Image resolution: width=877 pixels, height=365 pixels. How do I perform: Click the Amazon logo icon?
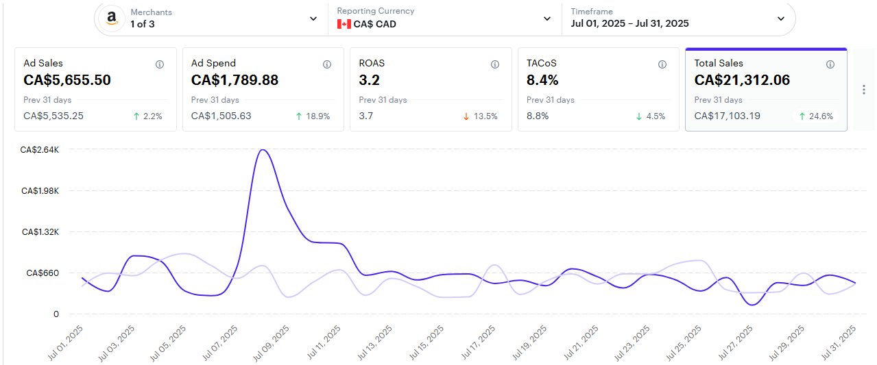[x=111, y=18]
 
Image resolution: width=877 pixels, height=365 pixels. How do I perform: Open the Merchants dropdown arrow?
[x=313, y=18]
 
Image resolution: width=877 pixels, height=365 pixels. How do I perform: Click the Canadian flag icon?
[x=344, y=24]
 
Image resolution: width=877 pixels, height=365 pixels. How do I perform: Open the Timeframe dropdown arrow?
[x=780, y=18]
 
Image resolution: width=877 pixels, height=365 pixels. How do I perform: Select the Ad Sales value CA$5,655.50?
[x=67, y=80]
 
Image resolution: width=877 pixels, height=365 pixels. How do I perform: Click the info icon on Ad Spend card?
[x=327, y=64]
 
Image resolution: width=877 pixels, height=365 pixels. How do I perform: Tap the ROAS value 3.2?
[x=369, y=80]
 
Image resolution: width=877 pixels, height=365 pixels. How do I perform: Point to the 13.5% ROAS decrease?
[x=480, y=116]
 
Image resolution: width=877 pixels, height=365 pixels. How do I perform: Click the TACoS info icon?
[x=662, y=64]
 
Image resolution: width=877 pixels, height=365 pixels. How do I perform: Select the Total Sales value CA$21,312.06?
[x=742, y=80]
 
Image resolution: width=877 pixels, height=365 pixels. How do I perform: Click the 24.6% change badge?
[x=816, y=116]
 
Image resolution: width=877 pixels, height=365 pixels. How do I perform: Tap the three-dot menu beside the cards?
[x=863, y=90]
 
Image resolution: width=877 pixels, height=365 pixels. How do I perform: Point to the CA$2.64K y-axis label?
[x=40, y=149]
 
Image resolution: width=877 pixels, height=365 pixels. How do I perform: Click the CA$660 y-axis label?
[x=43, y=273]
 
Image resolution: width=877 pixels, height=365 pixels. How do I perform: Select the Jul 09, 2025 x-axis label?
[x=272, y=343]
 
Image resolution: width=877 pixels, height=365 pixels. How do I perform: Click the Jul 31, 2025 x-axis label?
[x=839, y=343]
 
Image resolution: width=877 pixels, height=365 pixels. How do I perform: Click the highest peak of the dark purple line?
[x=262, y=149]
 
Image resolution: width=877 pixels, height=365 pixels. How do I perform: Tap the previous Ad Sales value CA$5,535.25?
[x=53, y=116]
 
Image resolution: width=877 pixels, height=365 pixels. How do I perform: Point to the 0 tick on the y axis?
[x=56, y=314]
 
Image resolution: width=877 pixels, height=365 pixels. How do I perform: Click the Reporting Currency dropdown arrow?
[x=547, y=18]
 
